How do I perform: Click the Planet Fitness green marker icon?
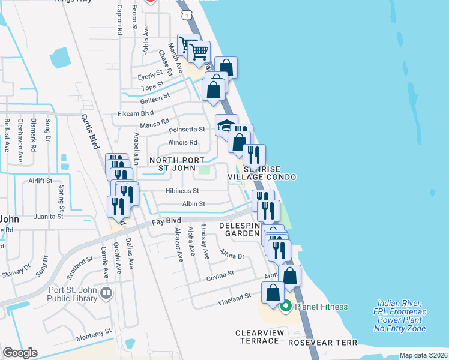click(x=286, y=307)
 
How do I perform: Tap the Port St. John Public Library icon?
click(x=107, y=293)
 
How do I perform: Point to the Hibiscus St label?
click(x=182, y=191)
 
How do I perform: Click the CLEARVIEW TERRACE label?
click(x=257, y=337)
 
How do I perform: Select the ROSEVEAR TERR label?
click(x=322, y=343)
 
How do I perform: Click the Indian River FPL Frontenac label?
click(x=400, y=316)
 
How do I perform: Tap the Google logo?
click(x=20, y=353)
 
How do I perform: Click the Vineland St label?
click(x=235, y=298)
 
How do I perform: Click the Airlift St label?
click(x=40, y=180)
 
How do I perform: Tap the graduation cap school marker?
click(x=224, y=125)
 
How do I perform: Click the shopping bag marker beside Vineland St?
click(x=273, y=293)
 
